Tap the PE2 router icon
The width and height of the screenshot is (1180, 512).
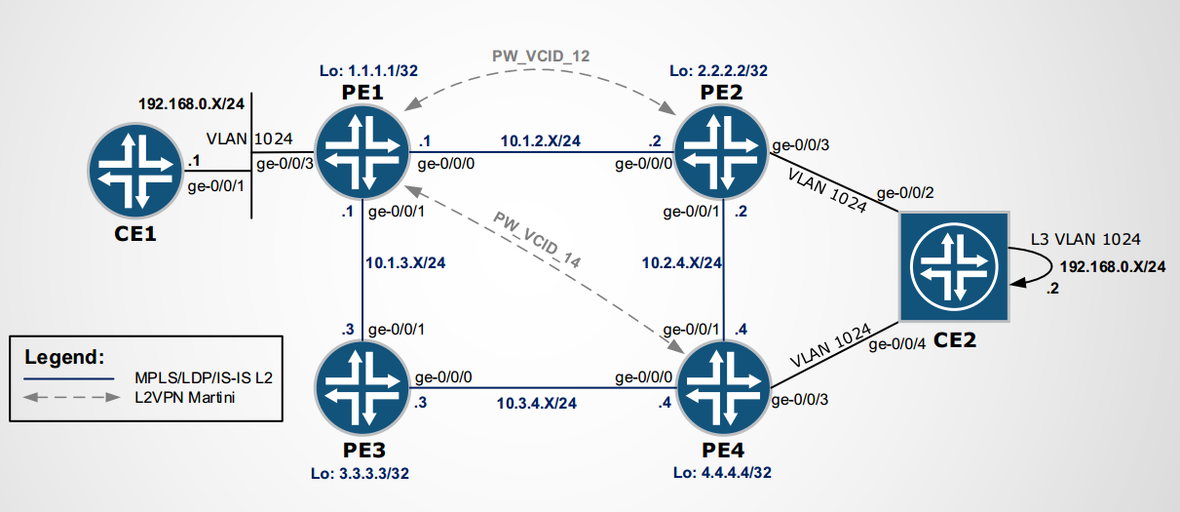(x=723, y=150)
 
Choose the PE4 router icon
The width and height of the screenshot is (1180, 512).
(x=723, y=394)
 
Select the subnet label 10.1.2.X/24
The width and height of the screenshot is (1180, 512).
(x=541, y=140)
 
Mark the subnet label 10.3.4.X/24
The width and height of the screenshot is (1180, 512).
(x=538, y=402)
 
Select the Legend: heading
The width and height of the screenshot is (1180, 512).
(x=64, y=357)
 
